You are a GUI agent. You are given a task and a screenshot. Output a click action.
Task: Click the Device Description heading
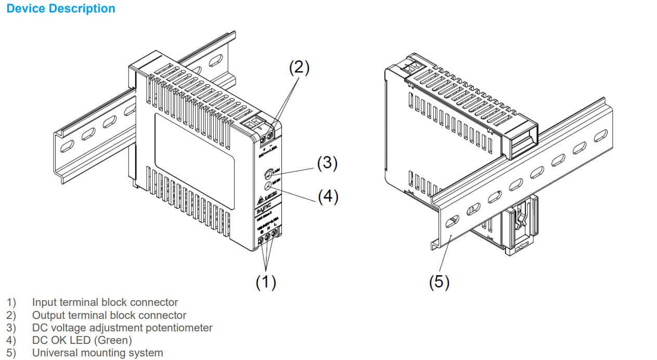tap(61, 9)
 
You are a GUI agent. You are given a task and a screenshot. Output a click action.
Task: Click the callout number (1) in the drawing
tap(265, 282)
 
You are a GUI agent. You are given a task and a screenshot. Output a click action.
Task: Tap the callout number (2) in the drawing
tap(299, 68)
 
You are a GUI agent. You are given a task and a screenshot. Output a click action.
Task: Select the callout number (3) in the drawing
tap(327, 163)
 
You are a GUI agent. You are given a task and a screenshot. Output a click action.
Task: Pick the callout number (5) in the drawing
tap(439, 282)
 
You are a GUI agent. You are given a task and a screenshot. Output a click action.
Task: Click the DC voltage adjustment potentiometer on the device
tap(269, 173)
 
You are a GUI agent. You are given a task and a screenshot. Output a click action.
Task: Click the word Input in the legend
tap(44, 302)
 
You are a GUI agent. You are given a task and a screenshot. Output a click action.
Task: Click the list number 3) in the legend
tap(11, 328)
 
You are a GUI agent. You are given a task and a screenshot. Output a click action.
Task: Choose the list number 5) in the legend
tap(11, 353)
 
